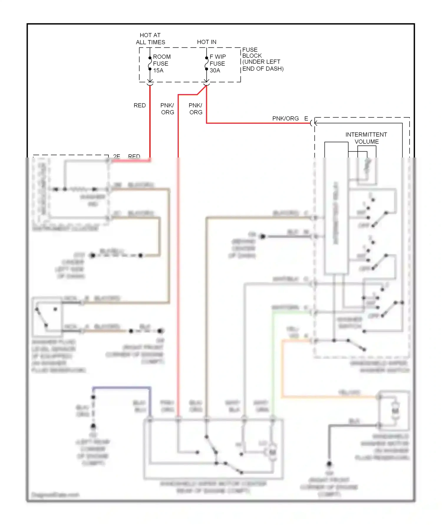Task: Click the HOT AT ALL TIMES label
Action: pos(150,39)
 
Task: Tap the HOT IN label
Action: pos(207,42)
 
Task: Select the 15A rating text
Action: pos(158,70)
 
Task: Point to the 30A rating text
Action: pos(215,70)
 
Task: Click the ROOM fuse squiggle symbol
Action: pos(150,63)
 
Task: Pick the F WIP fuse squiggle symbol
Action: pos(207,63)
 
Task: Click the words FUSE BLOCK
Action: pos(252,53)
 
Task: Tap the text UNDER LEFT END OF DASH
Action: pos(263,65)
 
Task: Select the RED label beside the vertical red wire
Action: pos(140,106)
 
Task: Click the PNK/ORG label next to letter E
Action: pos(285,119)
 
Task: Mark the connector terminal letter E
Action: pos(306,119)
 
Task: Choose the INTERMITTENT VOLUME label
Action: pos(366,138)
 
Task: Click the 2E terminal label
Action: pos(117,156)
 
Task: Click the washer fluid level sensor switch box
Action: pos(47,317)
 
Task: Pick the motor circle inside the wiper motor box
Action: pos(273,452)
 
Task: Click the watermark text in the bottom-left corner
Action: pos(55,495)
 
